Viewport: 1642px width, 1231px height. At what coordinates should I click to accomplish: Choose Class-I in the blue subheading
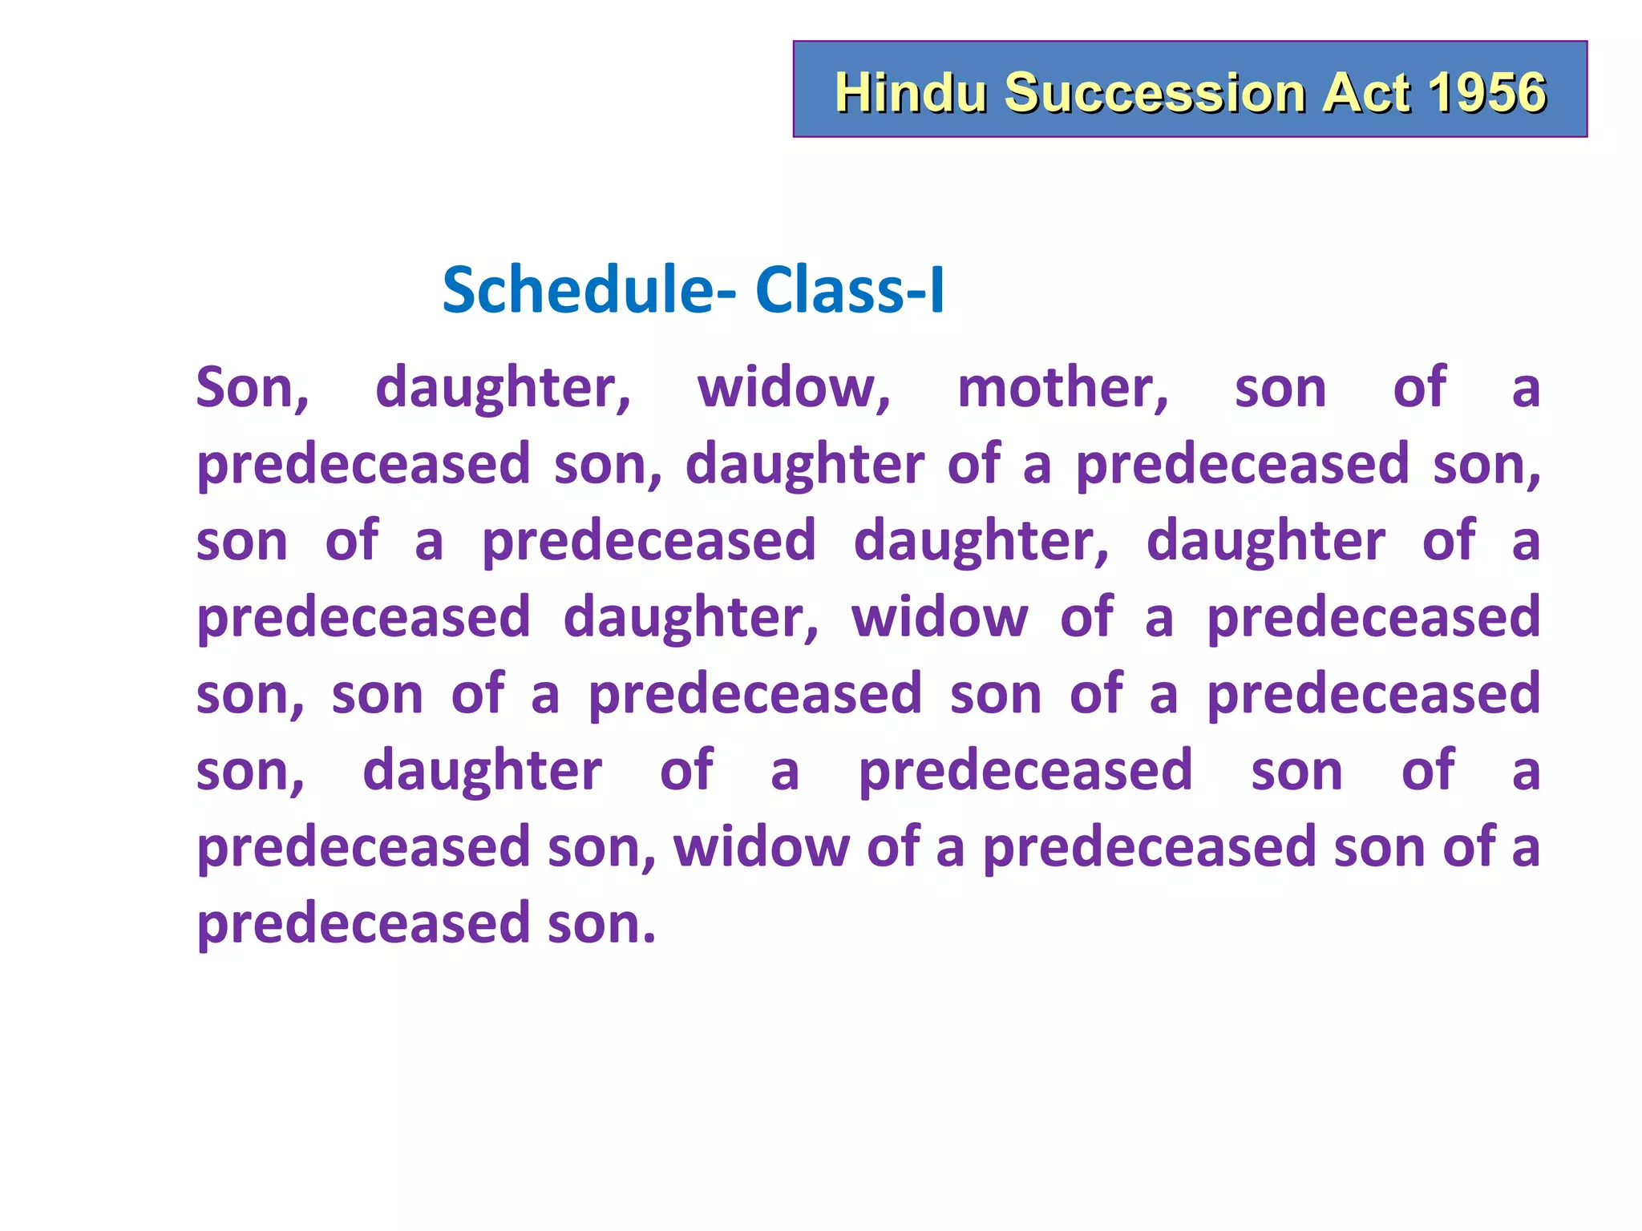tap(849, 289)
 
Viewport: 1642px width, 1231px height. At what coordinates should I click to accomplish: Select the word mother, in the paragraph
tap(1063, 388)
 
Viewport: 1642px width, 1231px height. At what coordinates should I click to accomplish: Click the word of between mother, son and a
tap(1419, 386)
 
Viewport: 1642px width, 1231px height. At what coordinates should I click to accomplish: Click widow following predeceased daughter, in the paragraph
tap(939, 616)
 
